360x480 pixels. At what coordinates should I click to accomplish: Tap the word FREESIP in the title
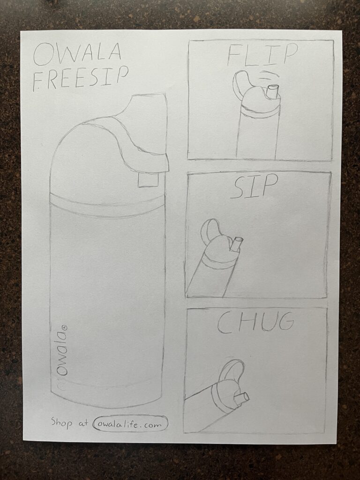click(80, 79)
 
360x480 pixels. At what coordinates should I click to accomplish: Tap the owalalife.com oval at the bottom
click(131, 424)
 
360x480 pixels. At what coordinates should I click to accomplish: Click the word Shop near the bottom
click(61, 422)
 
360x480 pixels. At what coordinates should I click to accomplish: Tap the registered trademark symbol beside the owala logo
click(64, 327)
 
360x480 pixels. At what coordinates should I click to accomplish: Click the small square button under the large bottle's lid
click(148, 180)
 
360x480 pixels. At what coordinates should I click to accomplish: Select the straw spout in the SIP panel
click(236, 245)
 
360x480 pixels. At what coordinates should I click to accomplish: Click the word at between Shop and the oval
click(83, 423)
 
